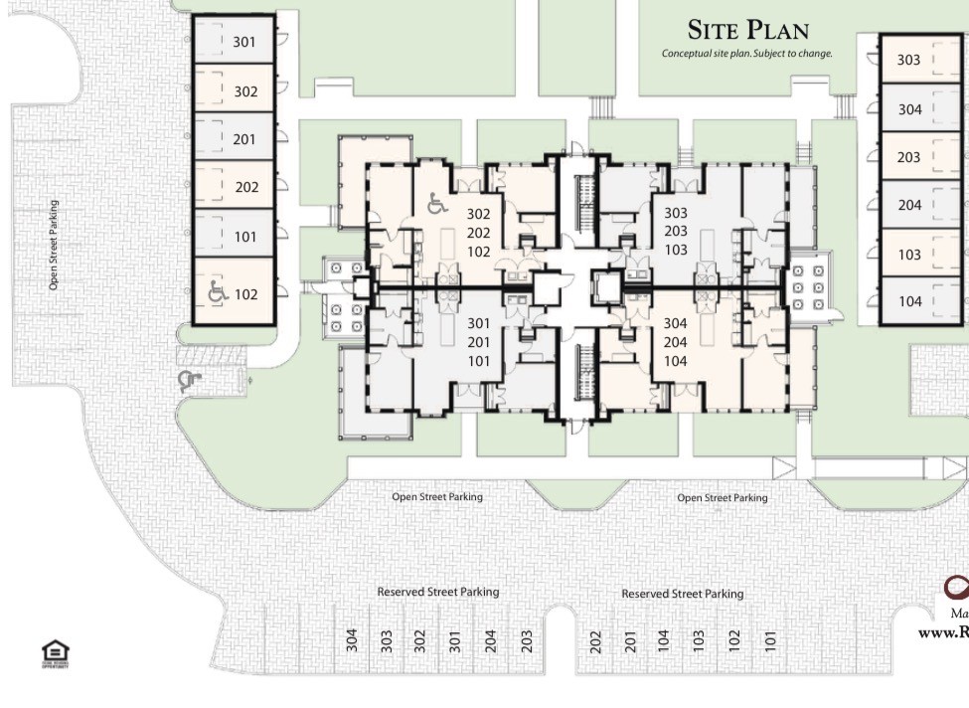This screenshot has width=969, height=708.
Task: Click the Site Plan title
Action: pos(748,30)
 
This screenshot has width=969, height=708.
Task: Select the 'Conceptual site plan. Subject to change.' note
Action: pos(746,54)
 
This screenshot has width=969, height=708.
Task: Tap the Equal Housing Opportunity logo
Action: pos(55,653)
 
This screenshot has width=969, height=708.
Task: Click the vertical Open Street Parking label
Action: pos(54,246)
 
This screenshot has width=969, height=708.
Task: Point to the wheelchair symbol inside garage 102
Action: pos(218,292)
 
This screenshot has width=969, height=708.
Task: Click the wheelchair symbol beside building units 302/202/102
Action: pos(436,205)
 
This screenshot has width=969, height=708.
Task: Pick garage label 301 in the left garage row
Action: pos(244,42)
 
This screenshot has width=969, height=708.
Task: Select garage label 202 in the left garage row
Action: pos(246,187)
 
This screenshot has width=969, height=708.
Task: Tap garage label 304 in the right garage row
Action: pos(909,109)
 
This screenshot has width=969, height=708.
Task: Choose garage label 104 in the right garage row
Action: pos(909,301)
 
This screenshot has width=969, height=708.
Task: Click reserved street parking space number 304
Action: pos(352,639)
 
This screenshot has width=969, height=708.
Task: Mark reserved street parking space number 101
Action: pos(769,639)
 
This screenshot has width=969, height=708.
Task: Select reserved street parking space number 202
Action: pos(596,639)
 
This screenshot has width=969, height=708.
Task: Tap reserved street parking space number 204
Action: pos(490,639)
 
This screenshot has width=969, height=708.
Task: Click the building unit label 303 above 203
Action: pos(676,213)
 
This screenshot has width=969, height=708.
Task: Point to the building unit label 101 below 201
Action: pos(479,361)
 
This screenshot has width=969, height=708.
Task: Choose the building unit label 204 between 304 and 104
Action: pos(676,342)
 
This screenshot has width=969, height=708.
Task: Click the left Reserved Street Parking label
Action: pos(437,592)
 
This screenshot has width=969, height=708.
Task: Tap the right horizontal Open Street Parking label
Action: pos(722,497)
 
